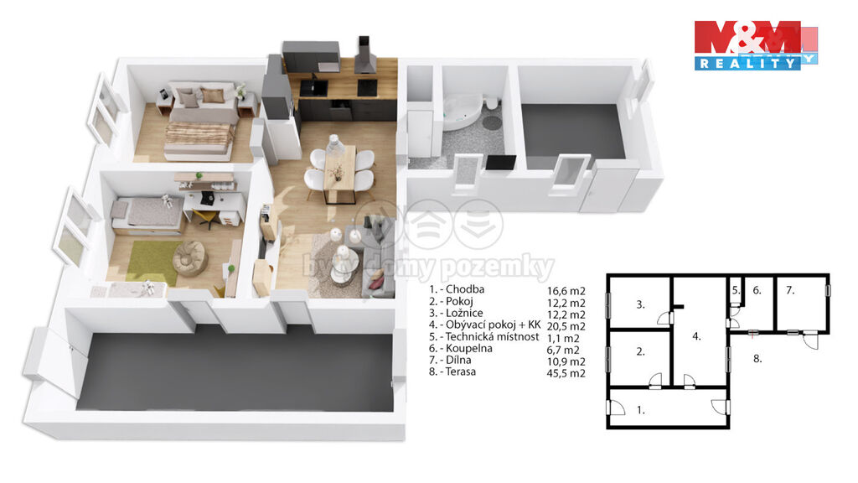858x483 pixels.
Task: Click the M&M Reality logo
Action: tap(756, 45)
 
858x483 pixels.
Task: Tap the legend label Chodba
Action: tap(464, 289)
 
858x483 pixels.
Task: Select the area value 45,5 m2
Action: tap(566, 373)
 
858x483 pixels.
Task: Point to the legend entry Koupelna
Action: tap(469, 348)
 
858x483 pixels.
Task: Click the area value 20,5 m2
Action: tap(566, 326)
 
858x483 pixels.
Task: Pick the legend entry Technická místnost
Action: tap(492, 337)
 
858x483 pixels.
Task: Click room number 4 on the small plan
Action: tap(696, 336)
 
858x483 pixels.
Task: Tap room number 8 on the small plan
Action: tap(757, 359)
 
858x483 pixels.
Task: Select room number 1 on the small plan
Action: tap(640, 409)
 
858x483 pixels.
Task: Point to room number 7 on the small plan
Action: tap(789, 290)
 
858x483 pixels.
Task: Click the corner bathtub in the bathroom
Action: tap(462, 112)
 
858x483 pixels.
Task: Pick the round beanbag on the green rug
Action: tap(190, 257)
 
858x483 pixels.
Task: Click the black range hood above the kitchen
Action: tap(364, 56)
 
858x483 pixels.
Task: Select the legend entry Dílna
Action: tap(458, 361)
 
